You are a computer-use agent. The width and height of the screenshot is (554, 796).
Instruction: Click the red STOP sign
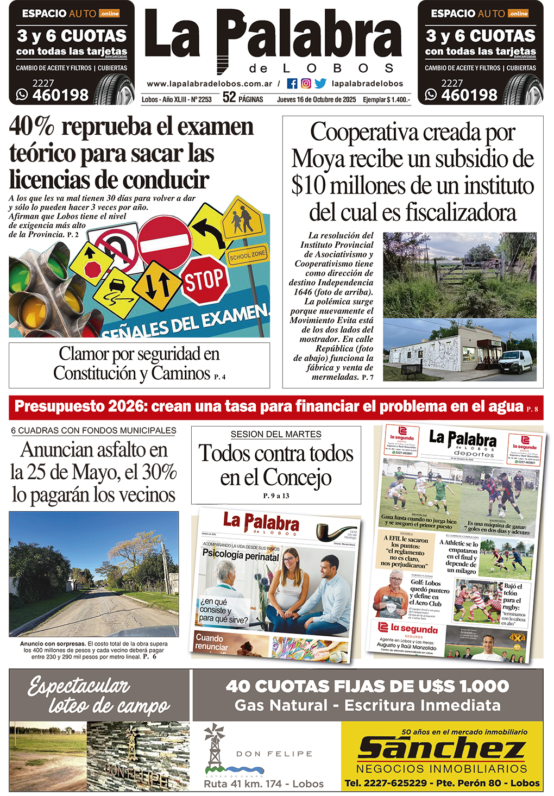click(205, 280)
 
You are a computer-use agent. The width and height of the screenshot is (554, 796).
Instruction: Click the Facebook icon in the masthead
click(292, 84)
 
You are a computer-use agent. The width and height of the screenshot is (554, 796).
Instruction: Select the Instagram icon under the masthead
click(306, 84)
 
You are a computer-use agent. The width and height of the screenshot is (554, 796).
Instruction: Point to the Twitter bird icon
click(320, 84)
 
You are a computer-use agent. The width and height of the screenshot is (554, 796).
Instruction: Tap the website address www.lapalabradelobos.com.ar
click(209, 84)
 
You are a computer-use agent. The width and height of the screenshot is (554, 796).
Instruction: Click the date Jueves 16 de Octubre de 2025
click(316, 99)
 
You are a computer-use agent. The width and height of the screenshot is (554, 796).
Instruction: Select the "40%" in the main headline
click(32, 127)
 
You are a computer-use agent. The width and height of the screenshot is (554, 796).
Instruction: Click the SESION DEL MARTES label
click(276, 434)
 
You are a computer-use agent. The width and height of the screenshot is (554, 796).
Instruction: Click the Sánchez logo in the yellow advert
click(441, 748)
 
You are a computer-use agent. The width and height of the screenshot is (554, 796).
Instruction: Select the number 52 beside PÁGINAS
click(229, 98)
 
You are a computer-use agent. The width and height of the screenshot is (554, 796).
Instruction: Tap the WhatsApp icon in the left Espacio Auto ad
click(22, 95)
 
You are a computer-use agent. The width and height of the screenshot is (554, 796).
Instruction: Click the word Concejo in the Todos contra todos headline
click(297, 478)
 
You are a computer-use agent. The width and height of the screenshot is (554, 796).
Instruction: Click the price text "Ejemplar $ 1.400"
click(386, 99)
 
